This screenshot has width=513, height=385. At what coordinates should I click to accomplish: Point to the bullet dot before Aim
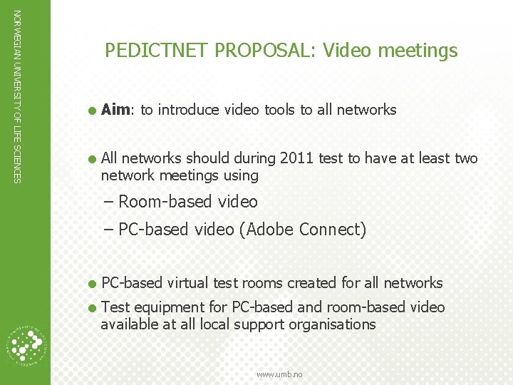tap(91, 110)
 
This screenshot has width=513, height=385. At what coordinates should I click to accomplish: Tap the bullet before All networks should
tap(91, 158)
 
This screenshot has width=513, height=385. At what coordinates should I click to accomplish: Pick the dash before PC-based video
tap(108, 230)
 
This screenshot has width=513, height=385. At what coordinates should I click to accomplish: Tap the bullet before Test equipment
tap(91, 307)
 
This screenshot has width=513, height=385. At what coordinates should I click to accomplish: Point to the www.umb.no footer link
tap(279, 374)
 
